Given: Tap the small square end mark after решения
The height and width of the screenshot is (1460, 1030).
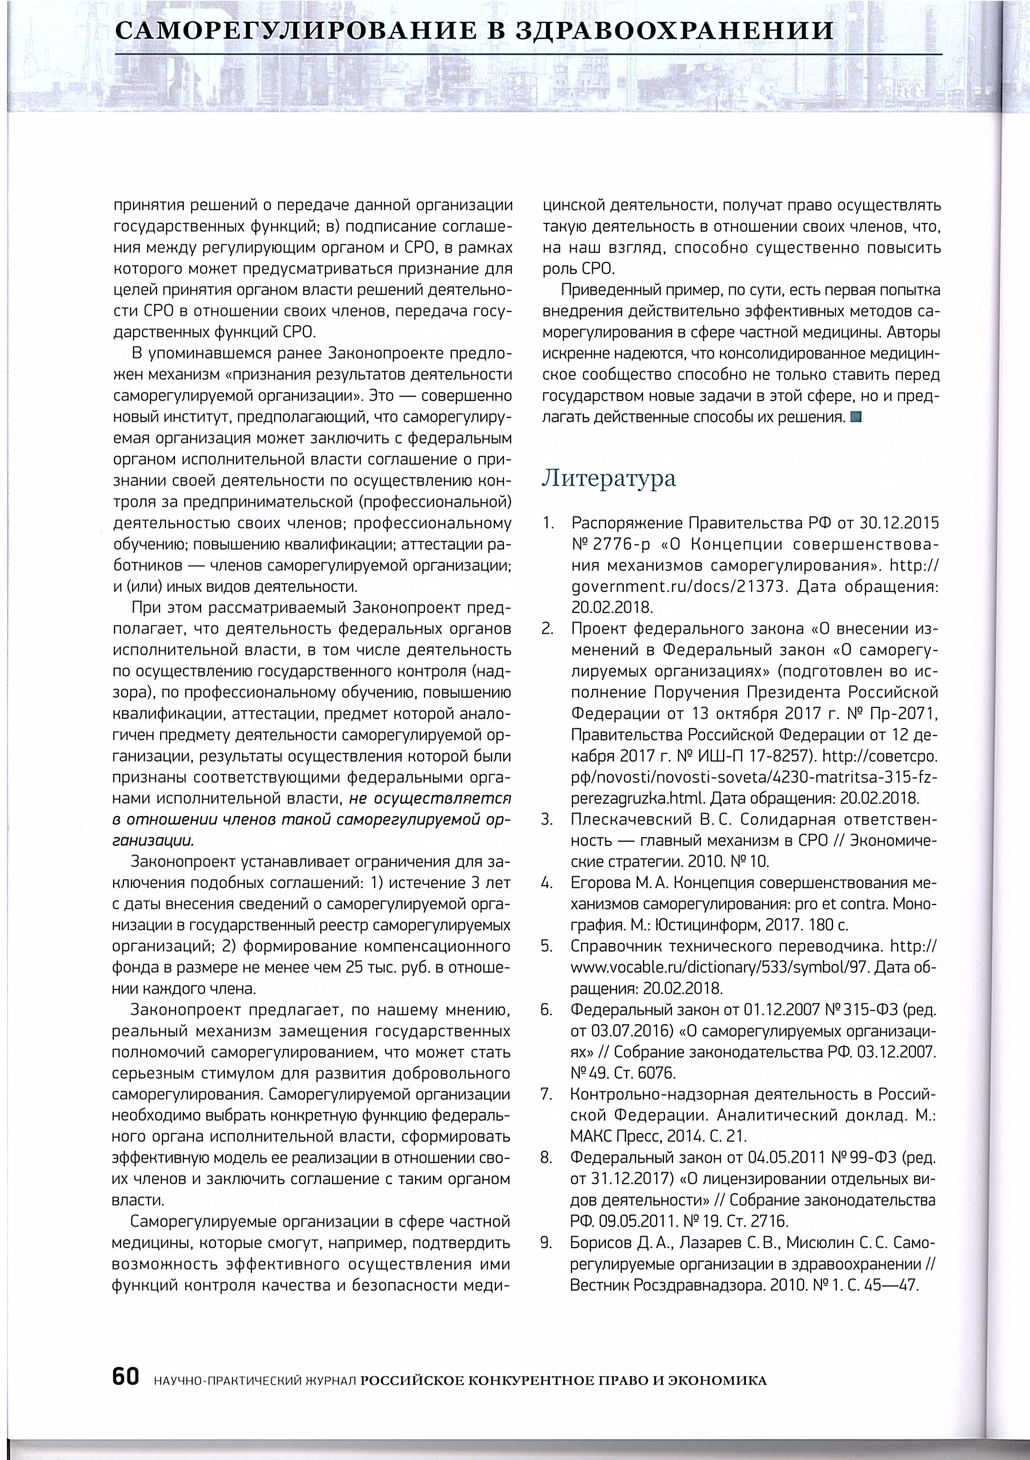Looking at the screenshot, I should (x=855, y=418).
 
